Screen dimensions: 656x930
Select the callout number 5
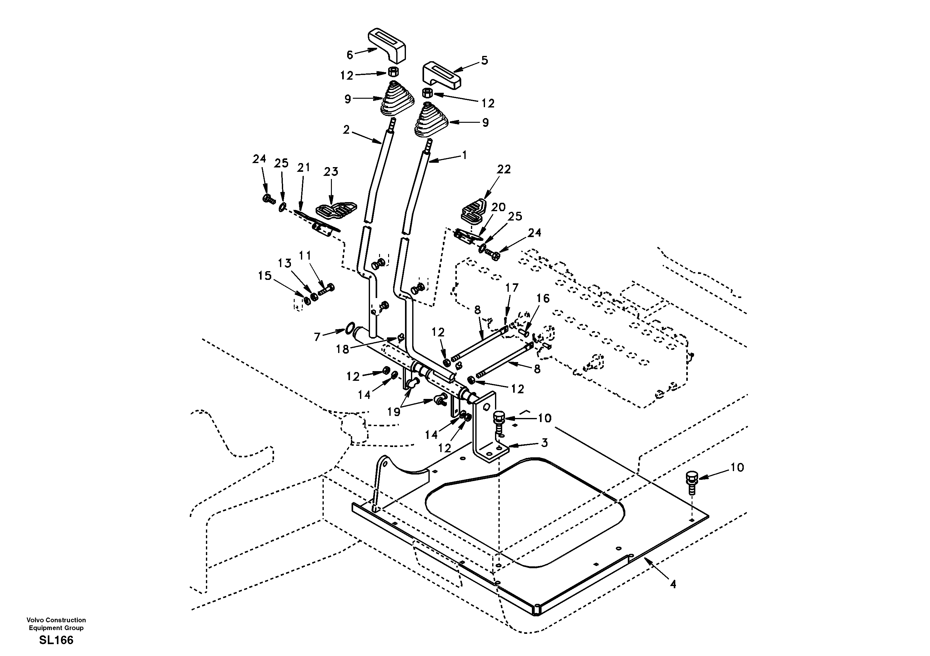pos(484,60)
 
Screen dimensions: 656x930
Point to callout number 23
pos(331,172)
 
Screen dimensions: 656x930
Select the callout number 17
pos(512,288)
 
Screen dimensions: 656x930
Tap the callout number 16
pos(543,298)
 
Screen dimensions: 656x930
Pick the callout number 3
pos(544,443)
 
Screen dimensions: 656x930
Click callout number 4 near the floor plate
pos(672,584)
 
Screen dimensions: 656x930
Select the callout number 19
pos(394,412)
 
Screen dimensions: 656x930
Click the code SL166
pos(56,640)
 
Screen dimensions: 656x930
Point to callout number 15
pos(265,276)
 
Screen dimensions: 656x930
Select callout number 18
pos(343,349)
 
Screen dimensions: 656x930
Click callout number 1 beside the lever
pos(465,155)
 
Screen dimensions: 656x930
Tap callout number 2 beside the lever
pos(346,130)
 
